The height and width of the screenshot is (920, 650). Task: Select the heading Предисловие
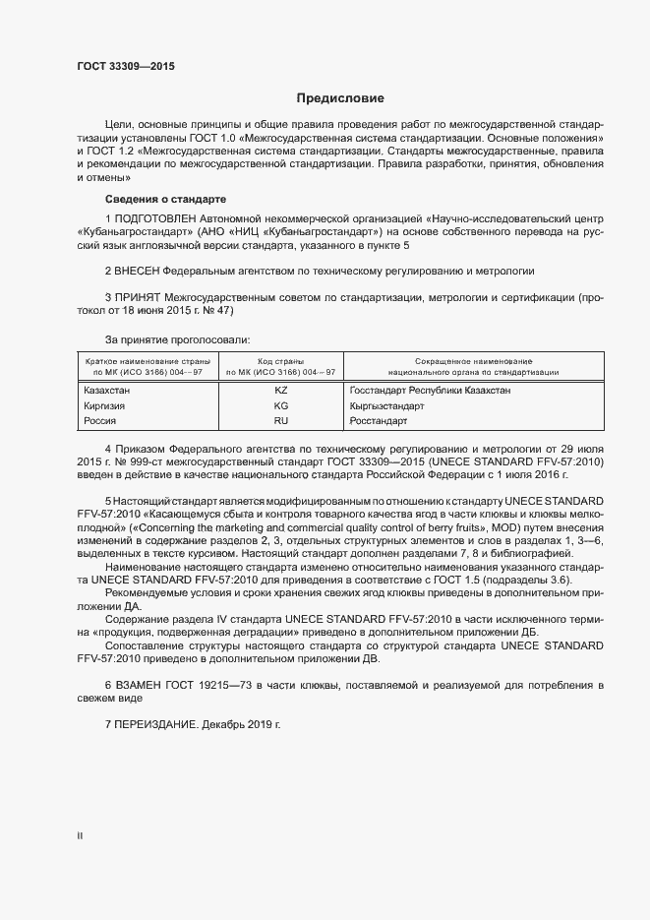pyautogui.click(x=340, y=98)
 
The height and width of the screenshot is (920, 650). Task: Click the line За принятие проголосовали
pyautogui.click(x=169, y=337)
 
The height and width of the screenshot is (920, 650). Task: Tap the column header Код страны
pyautogui.click(x=280, y=362)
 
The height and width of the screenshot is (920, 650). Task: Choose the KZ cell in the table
pyautogui.click(x=280, y=391)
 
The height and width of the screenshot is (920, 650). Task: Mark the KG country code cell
pyautogui.click(x=280, y=405)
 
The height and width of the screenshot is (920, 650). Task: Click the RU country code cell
pyautogui.click(x=280, y=420)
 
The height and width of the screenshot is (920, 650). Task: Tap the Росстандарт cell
pyautogui.click(x=379, y=420)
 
